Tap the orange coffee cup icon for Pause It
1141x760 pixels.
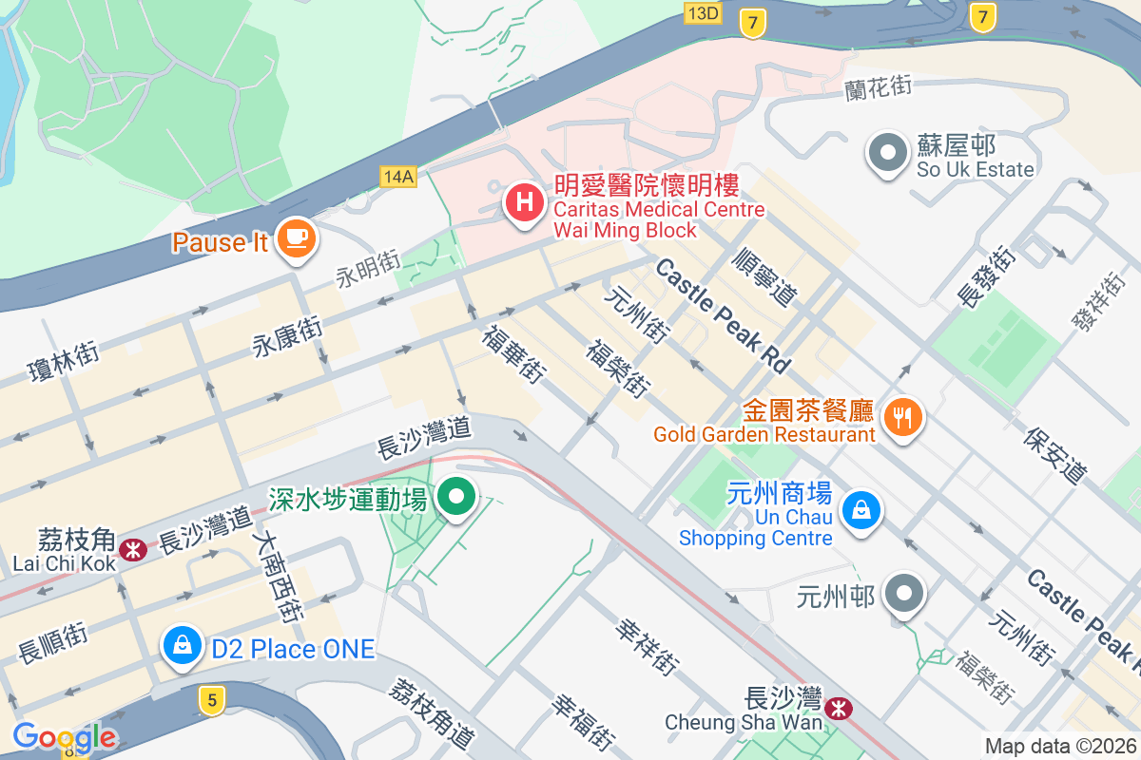point(296,237)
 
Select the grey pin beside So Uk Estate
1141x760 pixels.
point(887,153)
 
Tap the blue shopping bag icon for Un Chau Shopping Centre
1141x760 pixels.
point(861,511)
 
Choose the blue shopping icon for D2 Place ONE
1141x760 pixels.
point(181,645)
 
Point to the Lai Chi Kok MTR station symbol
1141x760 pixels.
point(133,548)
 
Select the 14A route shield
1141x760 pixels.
point(397,176)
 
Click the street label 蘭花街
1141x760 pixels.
point(878,87)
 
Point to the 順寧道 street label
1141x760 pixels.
point(765,275)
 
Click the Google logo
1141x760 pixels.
point(65,736)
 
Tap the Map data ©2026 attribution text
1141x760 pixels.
point(1060,746)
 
